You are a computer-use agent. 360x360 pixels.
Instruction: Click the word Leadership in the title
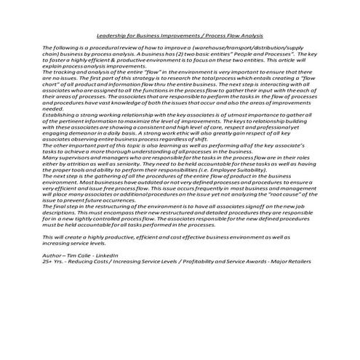click(x=111, y=33)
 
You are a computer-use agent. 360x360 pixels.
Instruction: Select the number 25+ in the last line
click(x=49, y=263)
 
